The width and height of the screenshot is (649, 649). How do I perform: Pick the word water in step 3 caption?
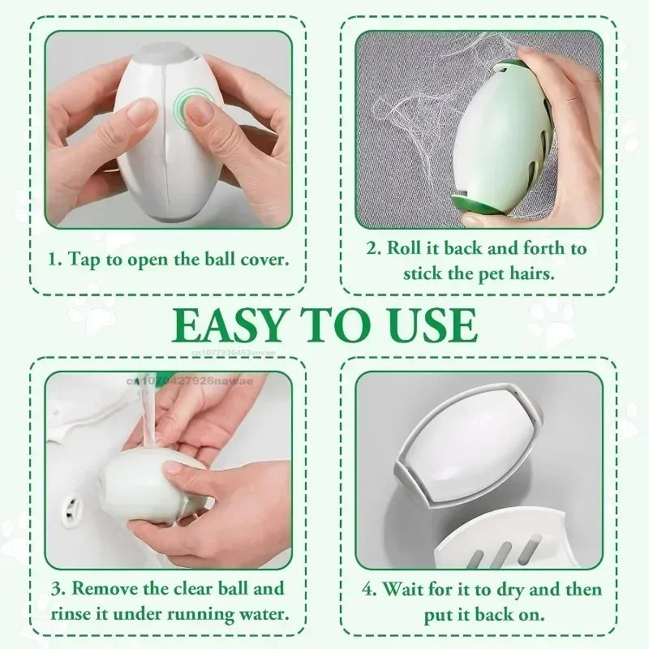pos(258,612)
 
